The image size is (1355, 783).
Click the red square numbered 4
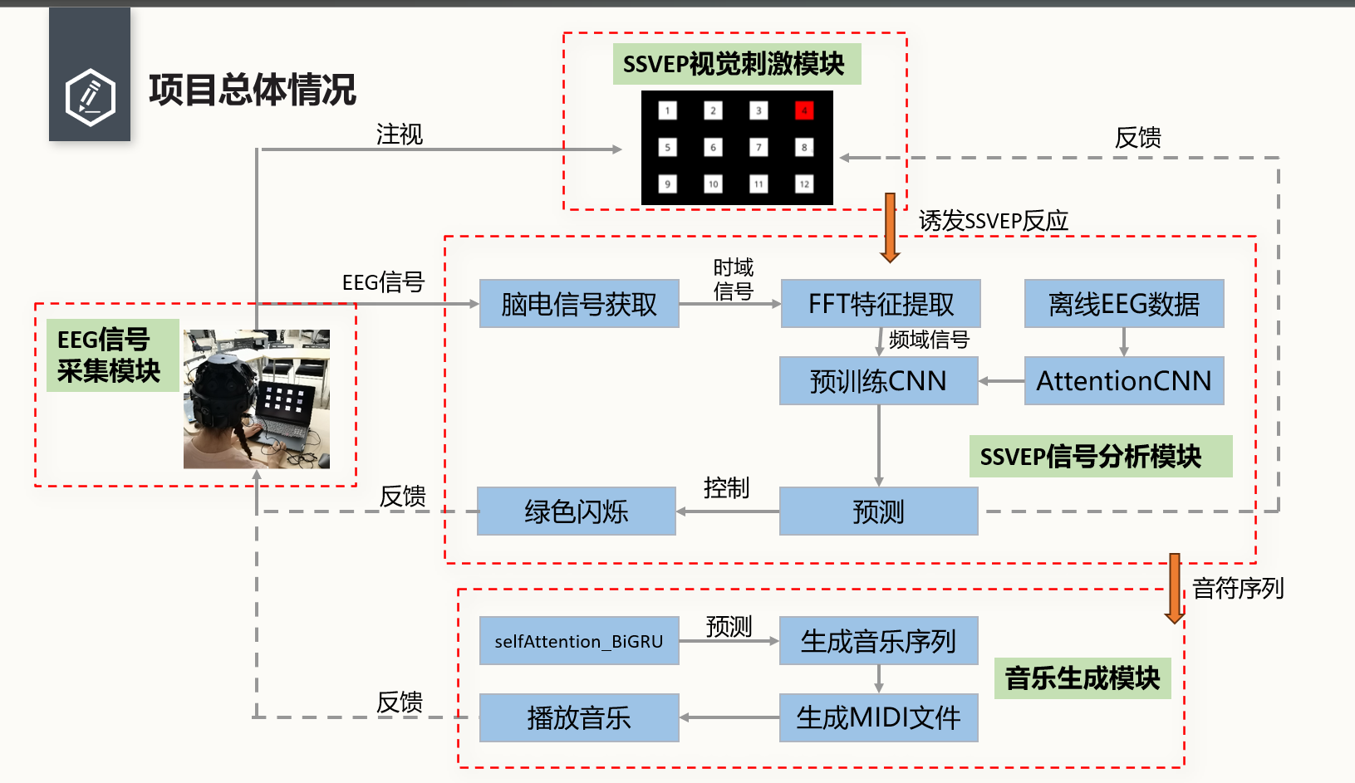803,110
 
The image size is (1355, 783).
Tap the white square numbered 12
803,184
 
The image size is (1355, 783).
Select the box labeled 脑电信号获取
579,304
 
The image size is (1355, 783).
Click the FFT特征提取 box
881,304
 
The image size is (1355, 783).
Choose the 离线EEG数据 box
1123,304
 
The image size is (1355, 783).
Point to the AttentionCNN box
1123,381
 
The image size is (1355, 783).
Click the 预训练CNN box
878,381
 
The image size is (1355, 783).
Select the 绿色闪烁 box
576,511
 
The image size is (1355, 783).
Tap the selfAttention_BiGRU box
579,641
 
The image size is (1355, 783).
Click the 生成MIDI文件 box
878,717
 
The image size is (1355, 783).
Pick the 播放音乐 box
579,717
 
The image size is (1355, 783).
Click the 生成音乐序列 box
878,641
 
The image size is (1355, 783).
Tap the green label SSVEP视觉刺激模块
736,64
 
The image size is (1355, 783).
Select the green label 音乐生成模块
1082,678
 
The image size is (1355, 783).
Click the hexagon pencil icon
90,97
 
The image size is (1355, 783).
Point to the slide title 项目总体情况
252,90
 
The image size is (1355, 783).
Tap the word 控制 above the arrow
726,487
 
